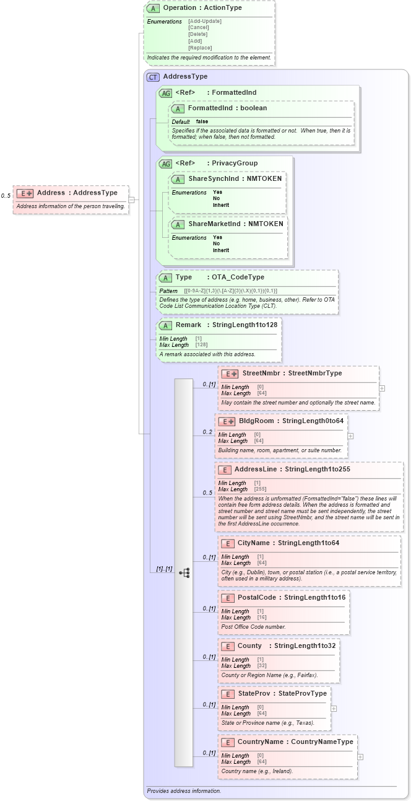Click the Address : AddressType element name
77,193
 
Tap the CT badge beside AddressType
152,77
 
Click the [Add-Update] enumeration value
204,21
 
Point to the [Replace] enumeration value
200,48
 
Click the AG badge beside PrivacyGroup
165,164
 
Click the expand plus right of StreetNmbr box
382,388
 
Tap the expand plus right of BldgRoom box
351,436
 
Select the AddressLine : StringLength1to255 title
292,470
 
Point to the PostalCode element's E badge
227,598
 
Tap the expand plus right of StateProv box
334,708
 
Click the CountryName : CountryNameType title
295,742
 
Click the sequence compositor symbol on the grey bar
184,573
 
